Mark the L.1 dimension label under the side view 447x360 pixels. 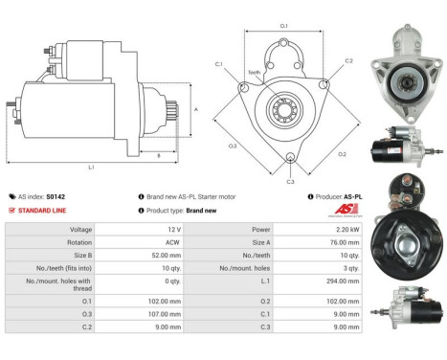(x=91, y=168)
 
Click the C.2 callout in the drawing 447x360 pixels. (x=348, y=60)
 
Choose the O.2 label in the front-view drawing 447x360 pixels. (x=343, y=153)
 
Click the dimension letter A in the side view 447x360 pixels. (x=196, y=109)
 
